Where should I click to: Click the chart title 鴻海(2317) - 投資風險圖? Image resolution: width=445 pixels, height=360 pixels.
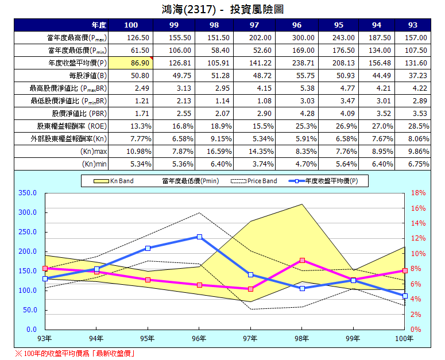pyautogui.click(x=223, y=10)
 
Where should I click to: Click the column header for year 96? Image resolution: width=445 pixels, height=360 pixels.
pyautogui.click(x=296, y=25)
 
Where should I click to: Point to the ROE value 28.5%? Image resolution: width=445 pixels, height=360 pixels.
pyautogui.click(x=418, y=126)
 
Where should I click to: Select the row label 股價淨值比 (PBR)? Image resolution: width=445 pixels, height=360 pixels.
pyautogui.click(x=79, y=113)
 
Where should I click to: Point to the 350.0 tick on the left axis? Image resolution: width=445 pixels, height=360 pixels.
pyautogui.click(x=27, y=193)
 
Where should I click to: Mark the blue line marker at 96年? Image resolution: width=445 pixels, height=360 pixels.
pyautogui.click(x=199, y=237)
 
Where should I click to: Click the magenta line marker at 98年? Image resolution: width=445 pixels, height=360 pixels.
pyautogui.click(x=302, y=260)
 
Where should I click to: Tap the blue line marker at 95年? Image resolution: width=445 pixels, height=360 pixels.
pyautogui.click(x=148, y=248)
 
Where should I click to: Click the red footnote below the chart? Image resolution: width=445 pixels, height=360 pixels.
pyautogui.click(x=75, y=353)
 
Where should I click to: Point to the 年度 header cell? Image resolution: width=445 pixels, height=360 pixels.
pyautogui.click(x=99, y=25)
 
